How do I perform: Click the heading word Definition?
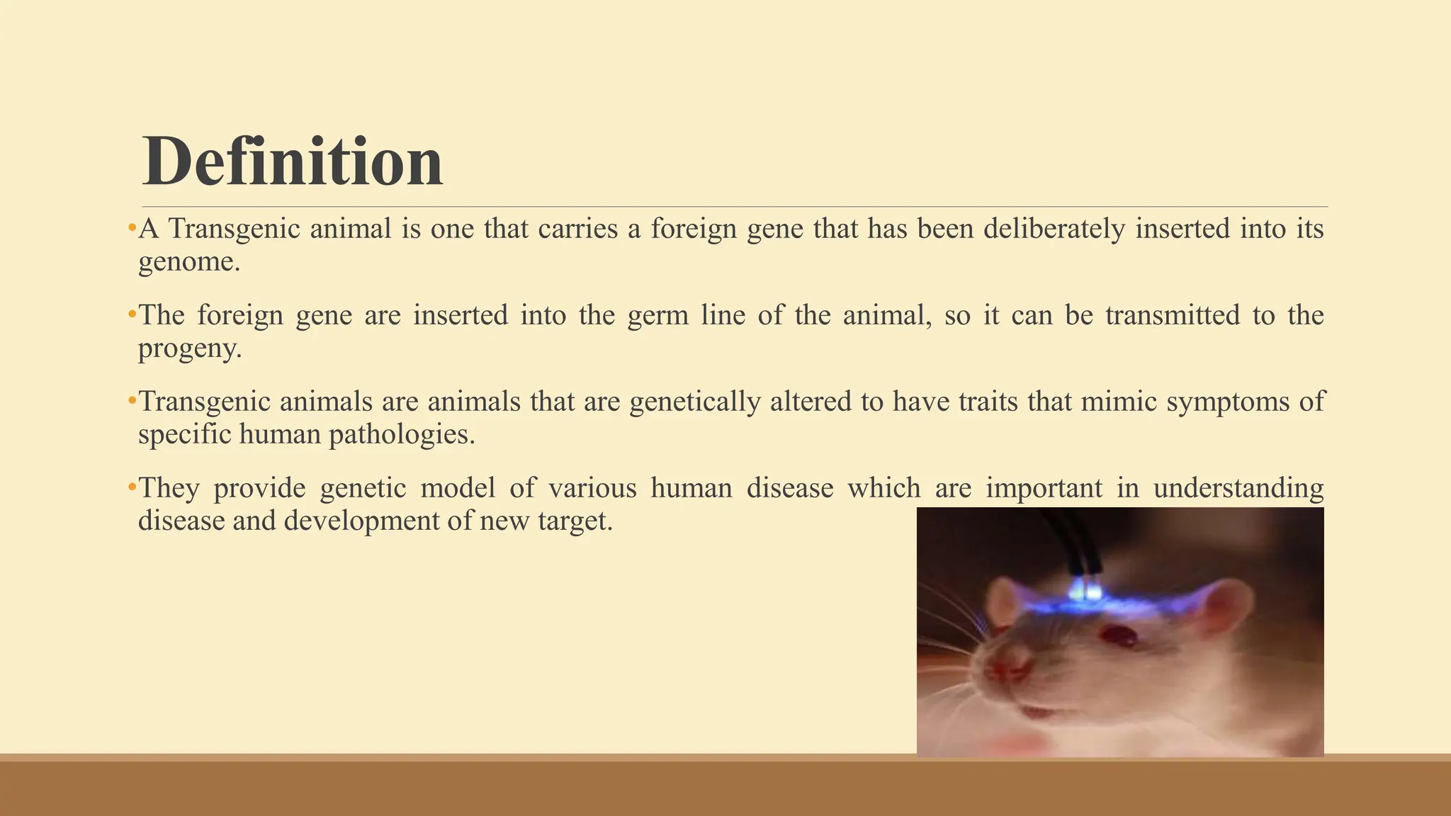(292, 161)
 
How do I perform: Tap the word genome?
(188, 262)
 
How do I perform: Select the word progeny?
(189, 348)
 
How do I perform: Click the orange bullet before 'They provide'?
(132, 488)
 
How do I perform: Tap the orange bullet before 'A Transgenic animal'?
(132, 229)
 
